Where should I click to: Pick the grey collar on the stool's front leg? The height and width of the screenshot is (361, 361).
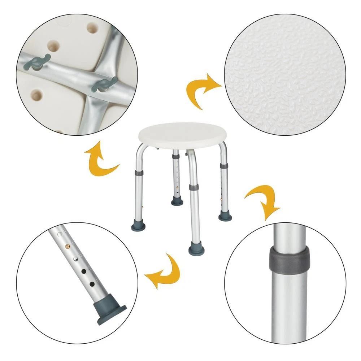[193, 188]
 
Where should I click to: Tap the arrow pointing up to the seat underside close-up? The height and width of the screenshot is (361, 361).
[100, 159]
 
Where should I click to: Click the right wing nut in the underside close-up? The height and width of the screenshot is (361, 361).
[105, 84]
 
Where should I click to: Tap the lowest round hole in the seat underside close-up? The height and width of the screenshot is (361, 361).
[37, 95]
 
